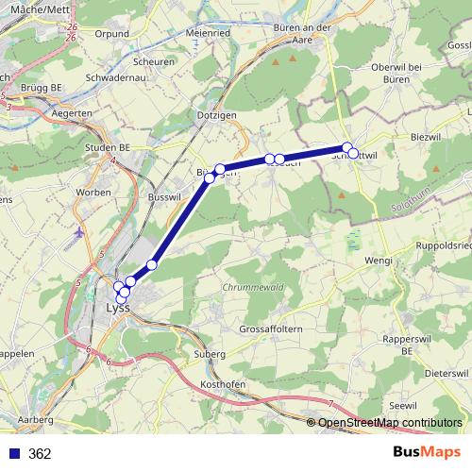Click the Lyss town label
[117, 308]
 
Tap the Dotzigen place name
[216, 115]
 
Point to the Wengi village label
[378, 260]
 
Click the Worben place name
[93, 193]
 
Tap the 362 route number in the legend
[40, 453]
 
